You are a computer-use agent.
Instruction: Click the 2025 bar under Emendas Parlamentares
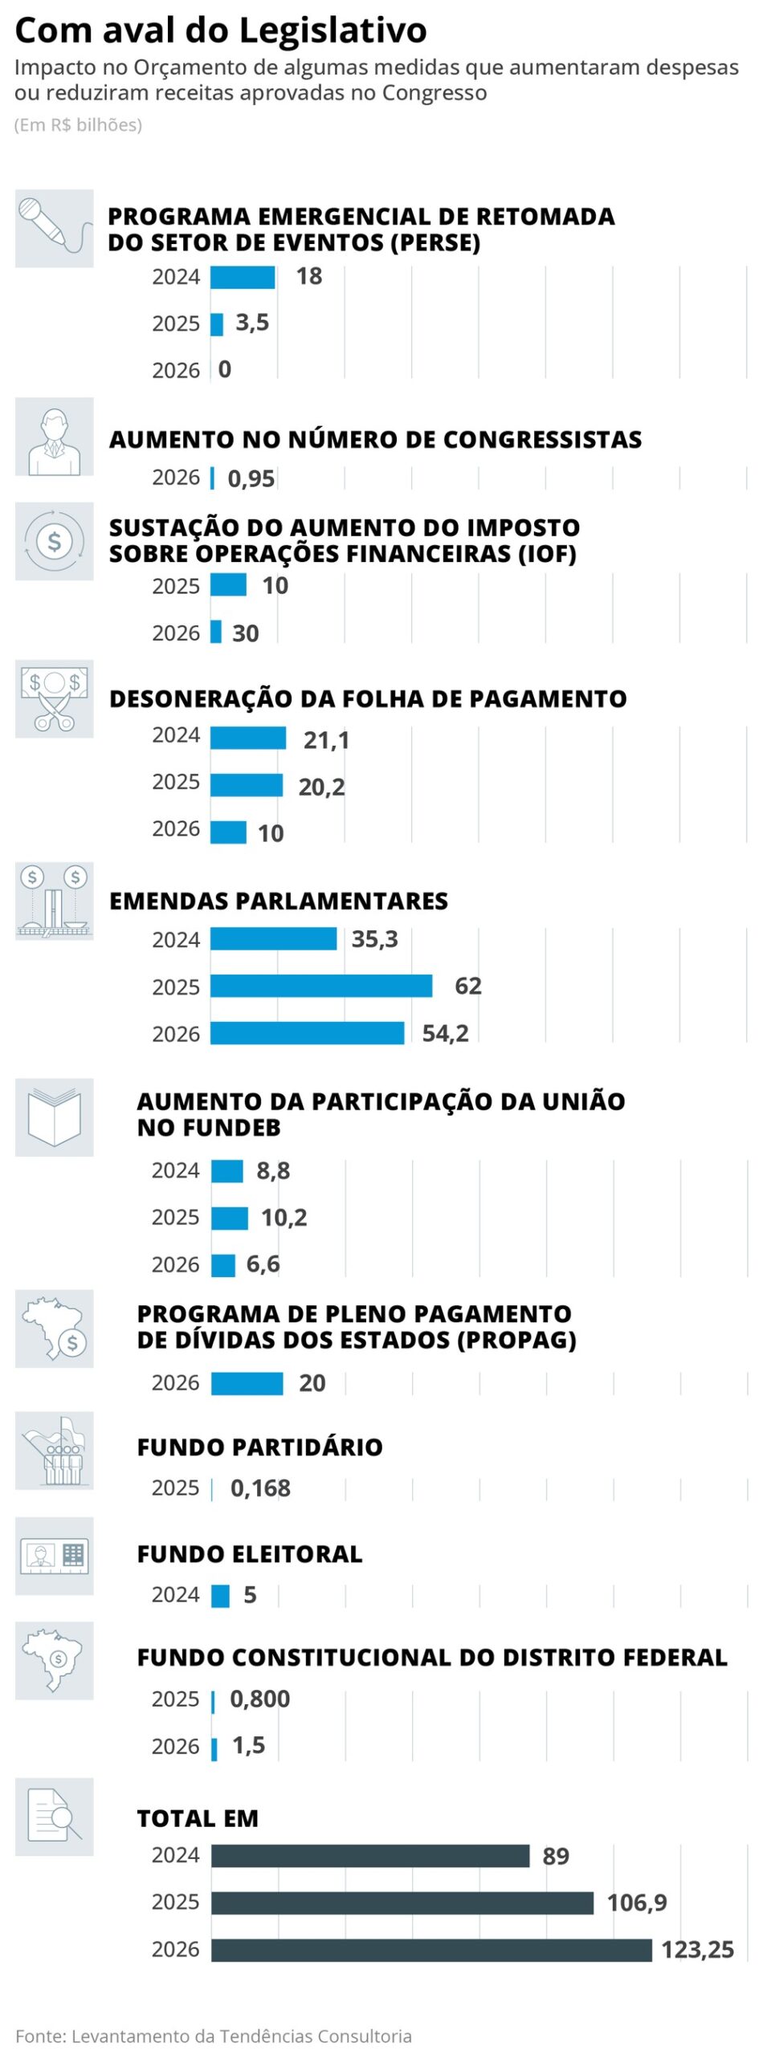321,986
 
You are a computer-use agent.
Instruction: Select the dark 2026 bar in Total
431,1950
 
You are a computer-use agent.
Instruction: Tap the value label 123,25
697,1950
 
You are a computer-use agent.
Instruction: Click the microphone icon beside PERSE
54,228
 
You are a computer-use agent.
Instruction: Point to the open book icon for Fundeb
54,1117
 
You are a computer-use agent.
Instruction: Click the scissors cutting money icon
54,698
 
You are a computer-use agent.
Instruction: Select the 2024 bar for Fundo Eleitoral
220,1595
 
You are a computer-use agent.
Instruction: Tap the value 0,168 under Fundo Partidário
260,1488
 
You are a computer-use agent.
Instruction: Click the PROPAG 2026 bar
247,1383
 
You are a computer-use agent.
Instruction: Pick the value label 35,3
374,938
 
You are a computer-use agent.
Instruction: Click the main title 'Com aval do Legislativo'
221,31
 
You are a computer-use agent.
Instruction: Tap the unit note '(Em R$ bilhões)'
78,124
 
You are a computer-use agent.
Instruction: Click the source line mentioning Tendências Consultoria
214,2035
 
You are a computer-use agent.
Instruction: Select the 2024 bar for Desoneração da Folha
248,738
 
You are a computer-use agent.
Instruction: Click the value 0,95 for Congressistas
251,478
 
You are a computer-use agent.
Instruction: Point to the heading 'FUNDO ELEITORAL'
250,1553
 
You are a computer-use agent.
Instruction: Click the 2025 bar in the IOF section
228,585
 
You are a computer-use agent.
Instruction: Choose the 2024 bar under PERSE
243,277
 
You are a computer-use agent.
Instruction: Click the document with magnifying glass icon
54,1816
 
